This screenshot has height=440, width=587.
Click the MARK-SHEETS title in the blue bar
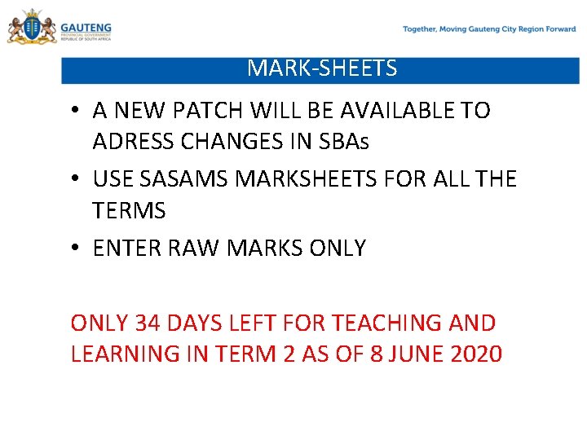(322, 68)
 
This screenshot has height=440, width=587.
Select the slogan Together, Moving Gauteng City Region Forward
(489, 29)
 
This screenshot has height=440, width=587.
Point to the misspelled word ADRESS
(131, 142)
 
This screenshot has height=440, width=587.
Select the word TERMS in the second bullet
(129, 211)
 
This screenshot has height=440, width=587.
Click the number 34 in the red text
(148, 323)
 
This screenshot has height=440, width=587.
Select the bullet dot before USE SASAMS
(74, 179)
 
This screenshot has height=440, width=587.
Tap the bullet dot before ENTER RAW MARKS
(74, 249)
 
